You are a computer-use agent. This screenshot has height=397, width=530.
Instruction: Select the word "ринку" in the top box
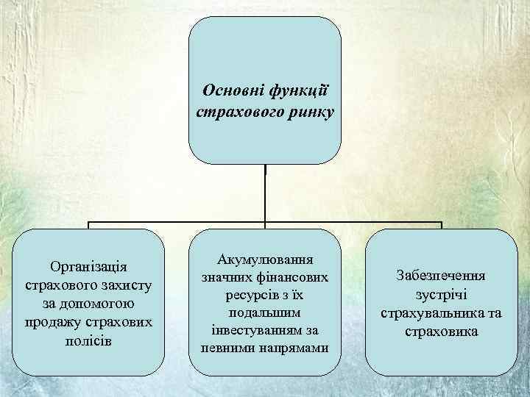pos(309,112)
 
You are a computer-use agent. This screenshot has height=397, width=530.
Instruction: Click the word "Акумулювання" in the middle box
pos(265,259)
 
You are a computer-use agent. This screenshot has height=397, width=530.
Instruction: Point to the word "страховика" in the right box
pos(441,332)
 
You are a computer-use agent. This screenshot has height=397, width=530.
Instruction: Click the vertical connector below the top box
pos(265,191)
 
